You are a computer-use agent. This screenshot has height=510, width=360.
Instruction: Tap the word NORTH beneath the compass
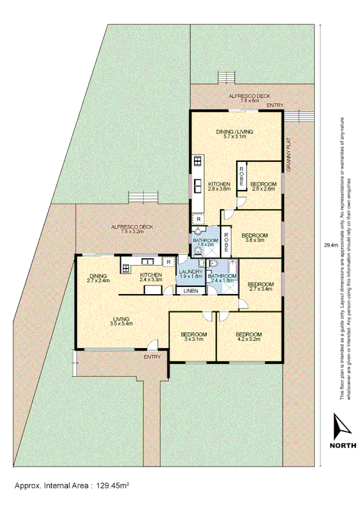click(342, 446)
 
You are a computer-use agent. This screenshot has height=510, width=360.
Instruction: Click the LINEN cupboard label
click(191, 292)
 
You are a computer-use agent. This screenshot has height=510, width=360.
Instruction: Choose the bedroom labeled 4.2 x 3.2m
click(248, 336)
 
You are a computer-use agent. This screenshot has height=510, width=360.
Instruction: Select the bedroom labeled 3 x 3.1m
click(194, 336)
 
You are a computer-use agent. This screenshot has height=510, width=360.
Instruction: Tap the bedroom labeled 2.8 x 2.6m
click(263, 186)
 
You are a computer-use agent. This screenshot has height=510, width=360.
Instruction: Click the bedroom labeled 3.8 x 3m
click(254, 237)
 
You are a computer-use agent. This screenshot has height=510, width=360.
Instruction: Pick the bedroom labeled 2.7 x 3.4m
click(261, 286)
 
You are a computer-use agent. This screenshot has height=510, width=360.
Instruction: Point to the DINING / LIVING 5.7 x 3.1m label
click(235, 135)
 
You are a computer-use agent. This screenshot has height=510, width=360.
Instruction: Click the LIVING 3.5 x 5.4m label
click(121, 321)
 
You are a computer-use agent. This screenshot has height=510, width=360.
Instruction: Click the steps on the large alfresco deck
click(144, 197)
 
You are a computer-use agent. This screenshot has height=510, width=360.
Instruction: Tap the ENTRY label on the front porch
click(152, 357)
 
